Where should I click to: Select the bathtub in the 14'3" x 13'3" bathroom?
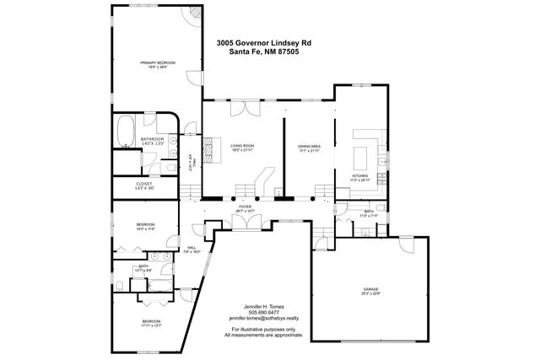[126, 132]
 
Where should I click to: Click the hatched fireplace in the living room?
[212, 147]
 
